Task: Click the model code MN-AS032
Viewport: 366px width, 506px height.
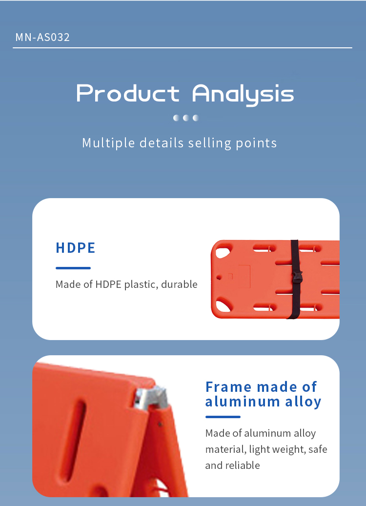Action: pos(42,37)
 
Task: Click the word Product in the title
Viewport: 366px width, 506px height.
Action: pos(128,93)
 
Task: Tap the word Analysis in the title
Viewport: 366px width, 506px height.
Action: pos(243,95)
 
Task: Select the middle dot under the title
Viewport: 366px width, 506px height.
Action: pos(186,118)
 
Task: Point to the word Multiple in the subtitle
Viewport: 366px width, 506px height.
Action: pos(108,143)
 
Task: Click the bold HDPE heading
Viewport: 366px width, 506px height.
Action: pos(76,248)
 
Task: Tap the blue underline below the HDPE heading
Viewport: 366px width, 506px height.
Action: pos(73,268)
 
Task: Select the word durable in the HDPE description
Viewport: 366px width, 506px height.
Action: pos(179,284)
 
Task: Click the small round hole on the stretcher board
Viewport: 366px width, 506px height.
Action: pos(219,277)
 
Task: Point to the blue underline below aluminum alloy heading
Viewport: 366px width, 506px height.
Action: pos(223,417)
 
